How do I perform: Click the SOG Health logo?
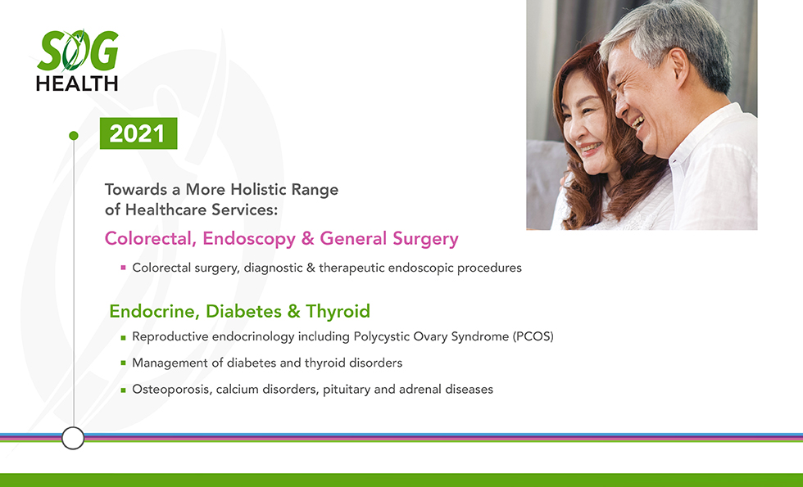77,61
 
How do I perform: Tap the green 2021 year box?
138,133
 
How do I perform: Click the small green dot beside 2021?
74,136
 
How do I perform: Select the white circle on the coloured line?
73,438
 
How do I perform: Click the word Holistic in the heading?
258,189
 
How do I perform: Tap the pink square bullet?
124,267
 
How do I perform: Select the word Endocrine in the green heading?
154,311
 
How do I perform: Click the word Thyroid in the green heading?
338,311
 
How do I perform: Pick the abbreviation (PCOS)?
533,336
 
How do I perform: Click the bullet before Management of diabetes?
124,363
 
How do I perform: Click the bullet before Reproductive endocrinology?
124,337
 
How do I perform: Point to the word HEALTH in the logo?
77,83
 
